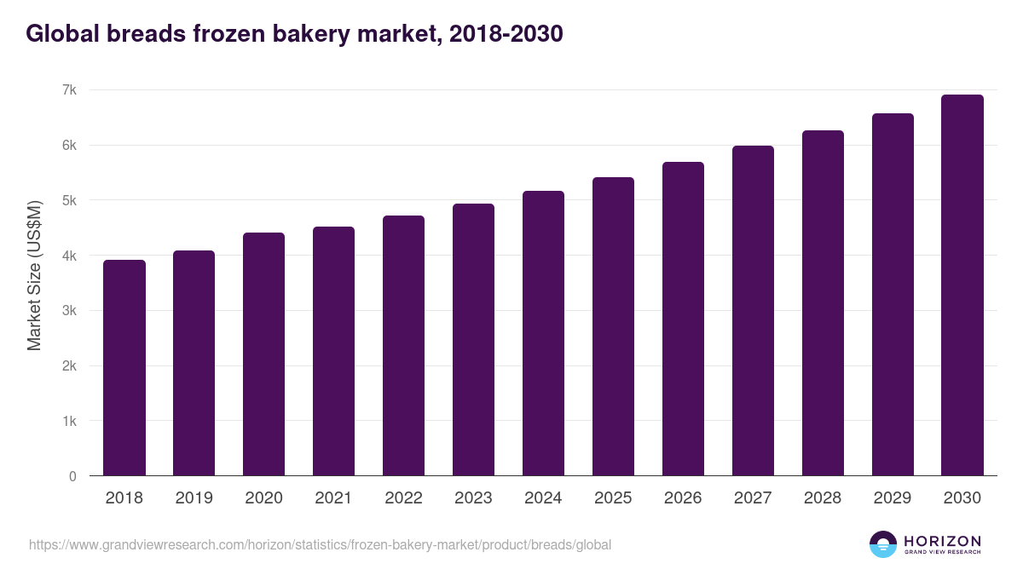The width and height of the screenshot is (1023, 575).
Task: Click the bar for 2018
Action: pos(124,368)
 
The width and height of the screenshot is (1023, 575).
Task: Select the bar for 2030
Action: pos(962,285)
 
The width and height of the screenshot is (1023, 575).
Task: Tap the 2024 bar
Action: pos(543,333)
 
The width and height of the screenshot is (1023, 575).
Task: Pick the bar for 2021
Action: pos(333,351)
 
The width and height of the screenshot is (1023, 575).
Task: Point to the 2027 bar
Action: pos(753,311)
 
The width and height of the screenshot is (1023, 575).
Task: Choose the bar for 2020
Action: pos(263,354)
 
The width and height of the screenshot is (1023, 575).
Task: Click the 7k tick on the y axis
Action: pos(70,90)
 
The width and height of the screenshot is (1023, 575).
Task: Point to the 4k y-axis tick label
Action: pos(70,256)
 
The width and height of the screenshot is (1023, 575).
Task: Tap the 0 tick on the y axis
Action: pos(73,476)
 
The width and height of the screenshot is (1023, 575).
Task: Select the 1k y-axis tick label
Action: pos(70,421)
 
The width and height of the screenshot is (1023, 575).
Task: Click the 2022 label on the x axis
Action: pos(403,498)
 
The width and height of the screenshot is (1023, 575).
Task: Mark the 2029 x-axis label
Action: pos(893,498)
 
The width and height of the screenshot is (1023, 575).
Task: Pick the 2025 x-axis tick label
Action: pos(613,498)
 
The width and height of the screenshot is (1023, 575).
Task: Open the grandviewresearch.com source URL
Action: pos(320,544)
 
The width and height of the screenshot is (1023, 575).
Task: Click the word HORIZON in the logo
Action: pos(942,541)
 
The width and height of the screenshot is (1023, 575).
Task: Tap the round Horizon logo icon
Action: pos(883,544)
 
